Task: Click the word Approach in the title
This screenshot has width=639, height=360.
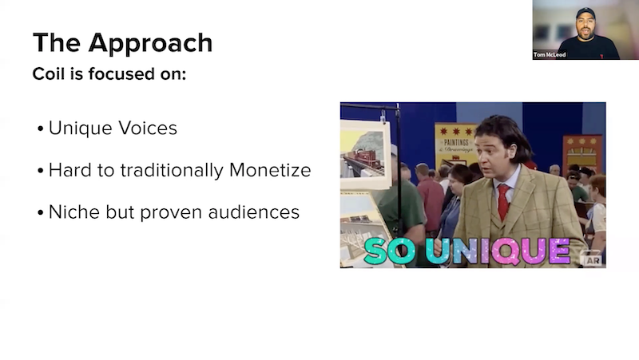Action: tap(150, 44)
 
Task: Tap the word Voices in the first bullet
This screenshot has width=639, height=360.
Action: tap(148, 128)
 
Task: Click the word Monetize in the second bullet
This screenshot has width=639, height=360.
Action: tap(270, 170)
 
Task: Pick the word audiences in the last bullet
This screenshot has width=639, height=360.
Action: tap(253, 212)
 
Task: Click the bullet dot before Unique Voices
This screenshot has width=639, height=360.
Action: tap(40, 129)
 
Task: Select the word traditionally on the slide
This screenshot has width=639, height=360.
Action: tap(172, 171)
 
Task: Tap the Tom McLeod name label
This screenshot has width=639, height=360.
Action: tap(550, 54)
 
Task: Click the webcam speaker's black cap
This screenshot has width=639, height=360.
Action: tap(585, 13)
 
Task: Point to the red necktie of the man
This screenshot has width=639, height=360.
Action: tap(504, 201)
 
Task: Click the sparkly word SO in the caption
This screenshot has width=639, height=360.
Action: tap(389, 251)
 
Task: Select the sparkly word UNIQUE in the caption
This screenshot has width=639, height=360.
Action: tap(498, 251)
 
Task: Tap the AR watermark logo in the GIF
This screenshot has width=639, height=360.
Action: tap(593, 260)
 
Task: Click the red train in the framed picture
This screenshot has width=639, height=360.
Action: tap(364, 158)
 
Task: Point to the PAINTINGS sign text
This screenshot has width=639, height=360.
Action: tap(456, 142)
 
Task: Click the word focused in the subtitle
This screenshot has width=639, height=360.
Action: tap(117, 73)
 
